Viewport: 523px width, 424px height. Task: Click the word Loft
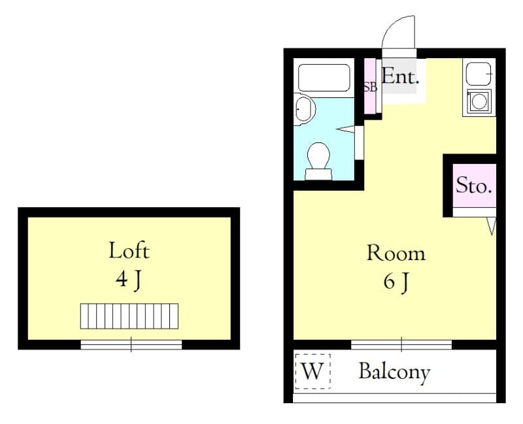[129, 250]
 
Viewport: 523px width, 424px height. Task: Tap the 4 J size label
[129, 280]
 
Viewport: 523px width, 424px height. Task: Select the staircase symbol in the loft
[130, 316]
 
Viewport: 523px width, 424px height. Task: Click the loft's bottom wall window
[131, 344]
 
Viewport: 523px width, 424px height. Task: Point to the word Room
[396, 253]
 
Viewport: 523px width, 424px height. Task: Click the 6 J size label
[396, 282]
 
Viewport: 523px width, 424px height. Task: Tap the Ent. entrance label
[399, 76]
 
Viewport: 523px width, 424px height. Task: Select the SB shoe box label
[370, 87]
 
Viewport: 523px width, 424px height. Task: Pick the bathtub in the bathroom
[324, 77]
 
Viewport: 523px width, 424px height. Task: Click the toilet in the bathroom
[318, 160]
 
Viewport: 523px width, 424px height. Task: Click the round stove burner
[479, 101]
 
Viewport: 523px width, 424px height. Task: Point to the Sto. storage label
[473, 186]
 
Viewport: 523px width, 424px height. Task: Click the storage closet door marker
[492, 225]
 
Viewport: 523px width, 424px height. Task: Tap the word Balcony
[394, 372]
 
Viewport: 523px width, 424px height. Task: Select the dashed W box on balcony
[312, 371]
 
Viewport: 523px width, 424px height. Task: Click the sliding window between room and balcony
[401, 344]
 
